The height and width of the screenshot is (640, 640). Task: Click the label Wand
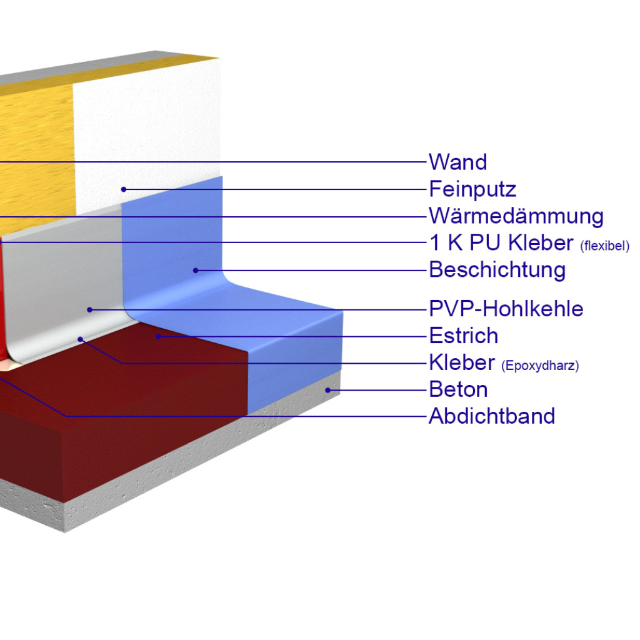point(457,162)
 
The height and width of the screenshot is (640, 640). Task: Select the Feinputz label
point(472,189)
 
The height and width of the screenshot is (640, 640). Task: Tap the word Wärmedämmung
point(516,216)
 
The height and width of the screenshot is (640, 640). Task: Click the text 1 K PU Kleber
point(501,242)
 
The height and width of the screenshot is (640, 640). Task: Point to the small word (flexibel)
point(604,245)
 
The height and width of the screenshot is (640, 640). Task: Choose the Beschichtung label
point(497,270)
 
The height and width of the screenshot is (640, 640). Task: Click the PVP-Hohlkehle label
point(506,309)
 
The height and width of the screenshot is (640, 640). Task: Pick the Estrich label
point(464,336)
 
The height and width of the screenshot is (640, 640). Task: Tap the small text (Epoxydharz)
point(540,366)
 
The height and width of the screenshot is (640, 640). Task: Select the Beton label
point(458,389)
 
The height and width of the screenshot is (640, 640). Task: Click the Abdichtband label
point(492,416)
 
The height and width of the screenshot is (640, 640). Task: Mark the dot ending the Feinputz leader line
point(124,189)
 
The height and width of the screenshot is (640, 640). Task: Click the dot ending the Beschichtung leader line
point(196,270)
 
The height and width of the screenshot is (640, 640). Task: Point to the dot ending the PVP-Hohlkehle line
point(89,309)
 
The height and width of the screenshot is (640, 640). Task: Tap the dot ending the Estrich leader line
point(159,336)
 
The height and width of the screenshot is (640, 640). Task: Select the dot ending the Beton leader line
point(327,390)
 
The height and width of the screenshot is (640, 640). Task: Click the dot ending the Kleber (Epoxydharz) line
point(81,339)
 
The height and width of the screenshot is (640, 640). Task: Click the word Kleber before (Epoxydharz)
point(462,362)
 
